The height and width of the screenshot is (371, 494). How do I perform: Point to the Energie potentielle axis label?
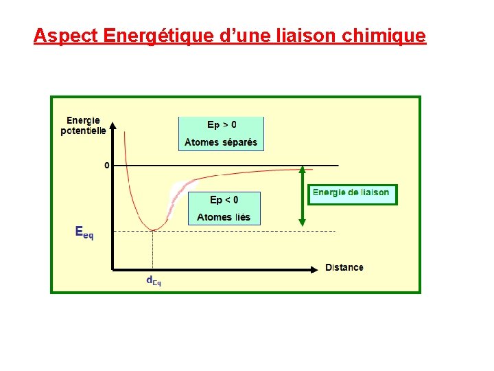click(83, 126)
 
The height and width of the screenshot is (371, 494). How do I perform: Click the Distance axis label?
click(344, 267)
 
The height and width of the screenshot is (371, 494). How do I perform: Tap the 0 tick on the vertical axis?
click(106, 166)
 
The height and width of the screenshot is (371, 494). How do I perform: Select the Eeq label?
click(84, 232)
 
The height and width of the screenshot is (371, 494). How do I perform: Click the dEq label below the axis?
click(153, 280)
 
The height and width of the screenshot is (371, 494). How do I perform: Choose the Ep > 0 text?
click(222, 125)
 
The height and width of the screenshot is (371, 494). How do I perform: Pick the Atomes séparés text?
click(221, 143)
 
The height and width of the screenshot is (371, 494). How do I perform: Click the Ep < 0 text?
click(224, 200)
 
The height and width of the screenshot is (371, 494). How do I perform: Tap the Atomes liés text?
click(224, 217)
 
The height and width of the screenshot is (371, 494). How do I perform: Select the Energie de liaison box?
click(351, 193)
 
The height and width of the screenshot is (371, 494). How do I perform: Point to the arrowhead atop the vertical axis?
click(113, 125)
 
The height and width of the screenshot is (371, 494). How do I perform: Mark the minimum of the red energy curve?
click(153, 230)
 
